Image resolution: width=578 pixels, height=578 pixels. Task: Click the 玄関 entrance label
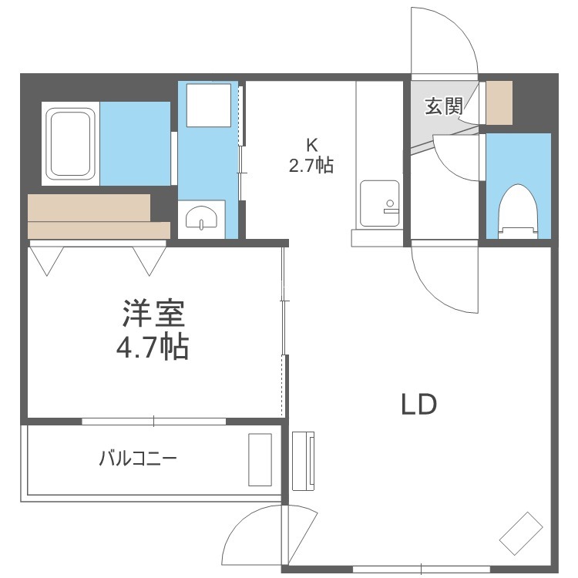coord(443,106)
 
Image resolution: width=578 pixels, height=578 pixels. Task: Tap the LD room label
coord(418,404)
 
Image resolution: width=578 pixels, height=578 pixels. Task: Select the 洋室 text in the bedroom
coord(153,314)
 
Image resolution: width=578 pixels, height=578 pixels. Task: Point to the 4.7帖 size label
coord(153,346)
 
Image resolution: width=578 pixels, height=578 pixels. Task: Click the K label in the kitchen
coord(312,145)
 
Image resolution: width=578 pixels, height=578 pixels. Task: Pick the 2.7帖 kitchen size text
coord(311,165)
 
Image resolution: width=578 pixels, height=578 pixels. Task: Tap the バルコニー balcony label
coord(138,459)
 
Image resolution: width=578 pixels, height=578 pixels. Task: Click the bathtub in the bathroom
coord(70,143)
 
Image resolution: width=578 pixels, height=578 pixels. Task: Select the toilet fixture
coord(519,211)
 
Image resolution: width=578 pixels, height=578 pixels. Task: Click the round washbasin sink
coord(201,217)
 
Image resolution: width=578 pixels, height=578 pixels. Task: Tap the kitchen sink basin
coord(380,203)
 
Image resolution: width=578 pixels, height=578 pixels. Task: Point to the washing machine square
coord(209,105)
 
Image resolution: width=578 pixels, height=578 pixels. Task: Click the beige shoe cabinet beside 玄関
coord(499,102)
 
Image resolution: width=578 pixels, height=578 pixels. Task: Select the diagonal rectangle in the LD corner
coord(521,533)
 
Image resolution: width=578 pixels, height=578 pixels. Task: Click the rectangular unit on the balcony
coord(260,459)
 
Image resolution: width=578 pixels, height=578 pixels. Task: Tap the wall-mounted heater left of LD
coord(304,461)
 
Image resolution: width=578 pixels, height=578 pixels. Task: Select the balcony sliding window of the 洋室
coord(153,421)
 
